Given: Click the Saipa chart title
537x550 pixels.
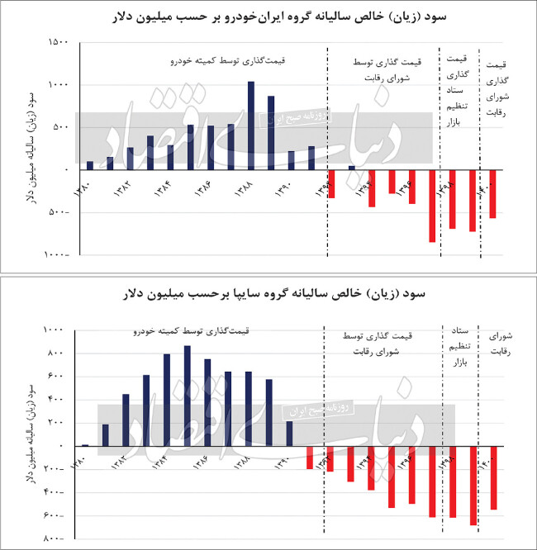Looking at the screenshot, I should coord(268,293).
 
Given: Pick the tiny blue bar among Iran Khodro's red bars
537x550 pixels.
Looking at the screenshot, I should coord(351,168).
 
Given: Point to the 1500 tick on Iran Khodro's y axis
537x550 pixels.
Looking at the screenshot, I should coord(57,42).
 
